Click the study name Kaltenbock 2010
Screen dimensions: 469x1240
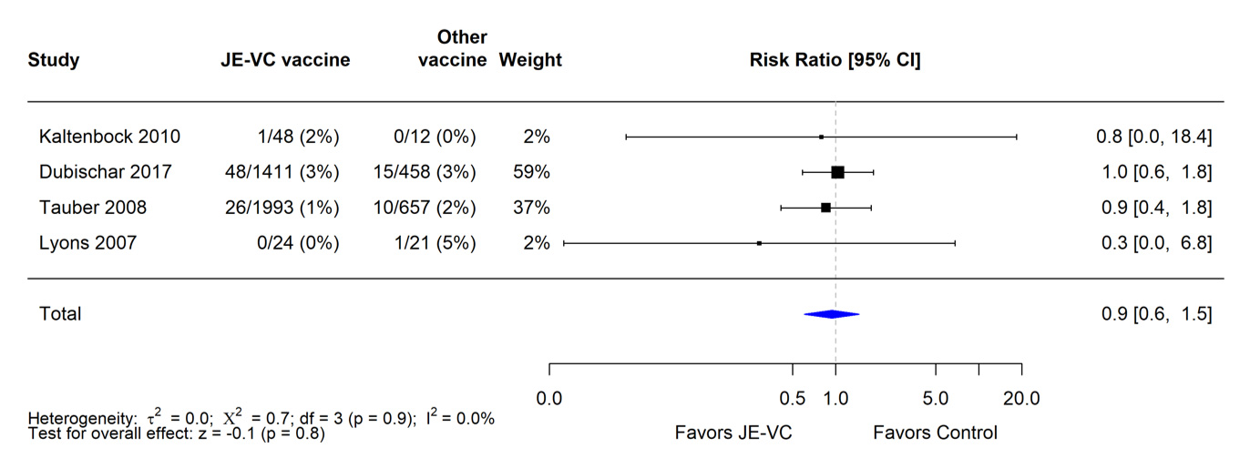(109, 137)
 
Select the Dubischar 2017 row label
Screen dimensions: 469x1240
(105, 172)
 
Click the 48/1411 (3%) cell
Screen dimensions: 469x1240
(282, 172)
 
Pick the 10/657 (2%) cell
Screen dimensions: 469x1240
(425, 208)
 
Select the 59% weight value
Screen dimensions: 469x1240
(532, 172)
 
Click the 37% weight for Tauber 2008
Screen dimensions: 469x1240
(532, 208)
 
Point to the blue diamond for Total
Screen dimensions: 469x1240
(831, 314)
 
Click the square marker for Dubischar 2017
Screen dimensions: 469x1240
(838, 172)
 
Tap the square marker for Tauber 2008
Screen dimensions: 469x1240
(825, 208)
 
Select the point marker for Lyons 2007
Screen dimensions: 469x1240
(759, 243)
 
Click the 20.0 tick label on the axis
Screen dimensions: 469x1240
(1021, 399)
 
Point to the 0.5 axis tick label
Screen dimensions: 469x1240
(793, 399)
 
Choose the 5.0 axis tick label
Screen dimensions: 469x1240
(936, 399)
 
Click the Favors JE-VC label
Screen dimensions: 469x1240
(733, 433)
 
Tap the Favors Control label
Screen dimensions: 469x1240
(935, 433)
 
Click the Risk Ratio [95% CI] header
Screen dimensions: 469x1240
(835, 61)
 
